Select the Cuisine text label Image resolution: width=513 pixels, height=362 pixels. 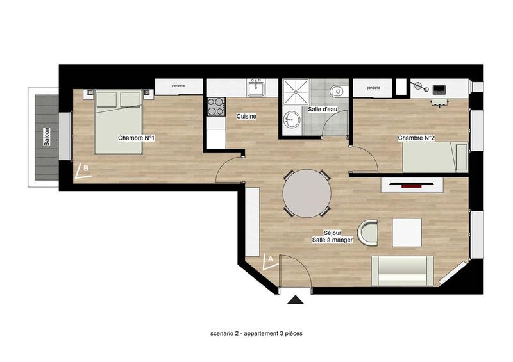pyautogui.click(x=247, y=116)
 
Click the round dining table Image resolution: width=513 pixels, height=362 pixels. pyautogui.click(x=307, y=193)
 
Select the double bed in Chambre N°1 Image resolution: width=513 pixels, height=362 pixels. pyautogui.click(x=119, y=122)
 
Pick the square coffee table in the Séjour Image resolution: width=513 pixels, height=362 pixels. pyautogui.click(x=407, y=232)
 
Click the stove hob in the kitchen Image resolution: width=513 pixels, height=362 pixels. pyautogui.click(x=216, y=106)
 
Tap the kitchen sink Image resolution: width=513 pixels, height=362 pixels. pyautogui.click(x=256, y=86)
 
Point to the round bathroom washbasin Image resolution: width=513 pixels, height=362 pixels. pyautogui.click(x=292, y=119)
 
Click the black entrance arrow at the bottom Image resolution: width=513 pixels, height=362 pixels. pyautogui.click(x=295, y=299)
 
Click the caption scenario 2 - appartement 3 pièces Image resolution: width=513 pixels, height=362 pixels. pyautogui.click(x=256, y=334)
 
